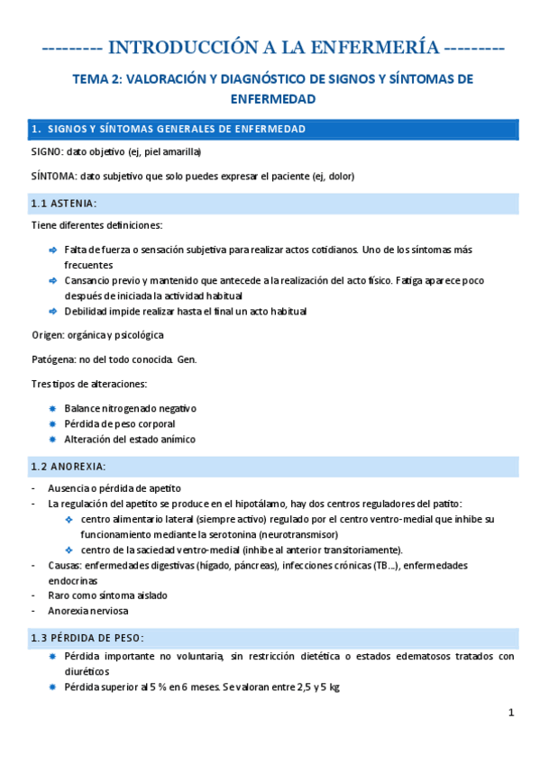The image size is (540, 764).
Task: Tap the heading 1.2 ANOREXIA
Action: pyautogui.click(x=69, y=466)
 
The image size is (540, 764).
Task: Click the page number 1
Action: pyautogui.click(x=510, y=713)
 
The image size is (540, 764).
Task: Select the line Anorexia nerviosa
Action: pyautogui.click(x=90, y=611)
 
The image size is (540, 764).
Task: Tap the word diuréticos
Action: pyautogui.click(x=87, y=671)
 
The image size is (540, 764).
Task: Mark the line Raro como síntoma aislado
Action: pyautogui.click(x=107, y=596)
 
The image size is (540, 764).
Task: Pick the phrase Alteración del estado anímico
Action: pyautogui.click(x=129, y=440)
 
